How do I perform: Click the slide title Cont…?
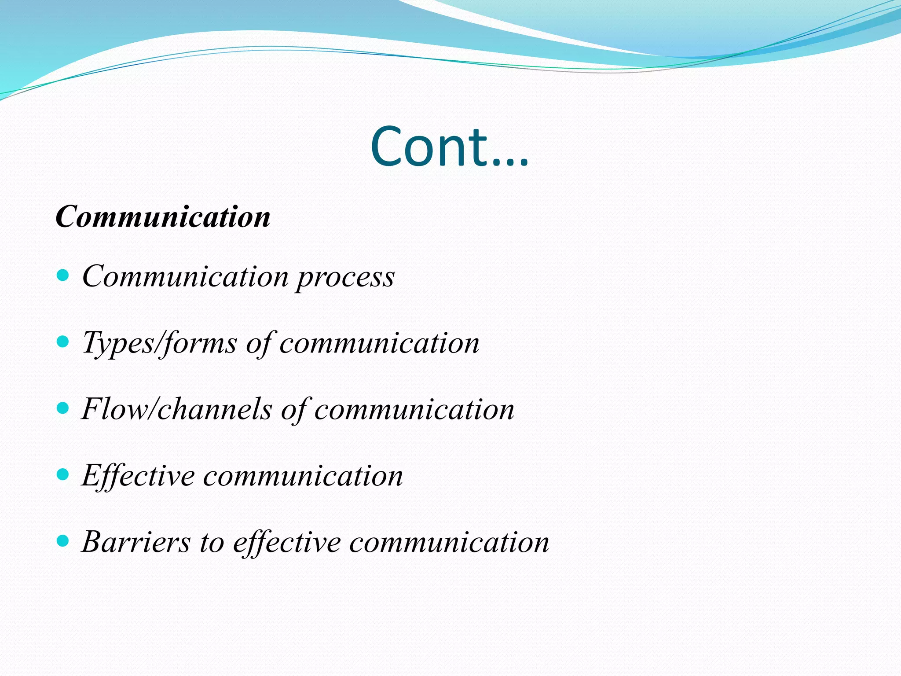click(450, 147)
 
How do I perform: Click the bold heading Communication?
click(163, 217)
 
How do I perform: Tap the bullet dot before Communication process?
click(63, 276)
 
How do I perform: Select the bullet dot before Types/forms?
click(63, 342)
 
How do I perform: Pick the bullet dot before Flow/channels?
click(63, 408)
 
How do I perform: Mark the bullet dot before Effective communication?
click(63, 474)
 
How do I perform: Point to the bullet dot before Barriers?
click(63, 541)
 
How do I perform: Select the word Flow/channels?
click(177, 409)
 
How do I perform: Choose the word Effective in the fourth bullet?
click(138, 476)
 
